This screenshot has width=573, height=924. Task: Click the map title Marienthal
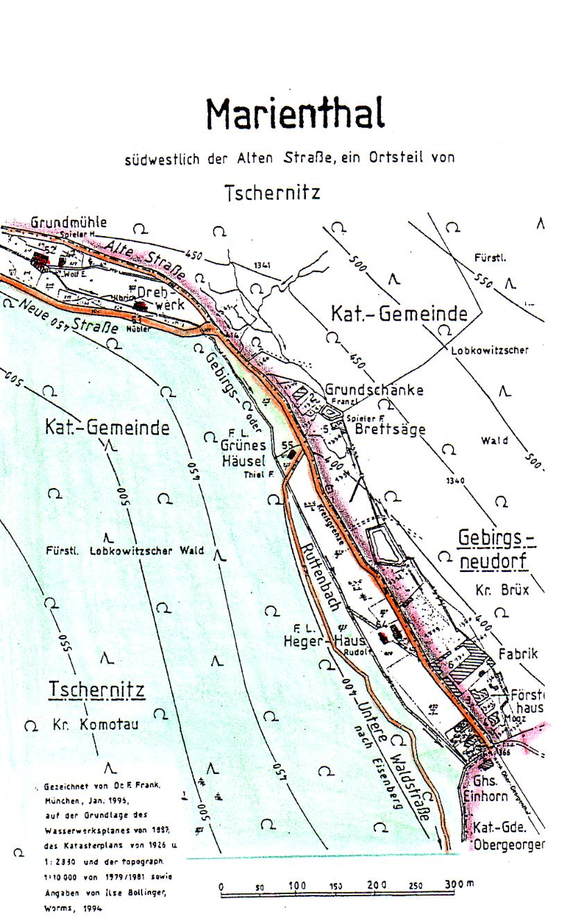pyautogui.click(x=295, y=115)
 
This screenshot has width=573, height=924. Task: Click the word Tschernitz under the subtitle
pyautogui.click(x=273, y=192)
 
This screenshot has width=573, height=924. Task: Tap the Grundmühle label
pyautogui.click(x=69, y=223)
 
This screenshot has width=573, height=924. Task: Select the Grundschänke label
pyautogui.click(x=374, y=390)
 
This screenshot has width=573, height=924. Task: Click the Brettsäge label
pyautogui.click(x=390, y=430)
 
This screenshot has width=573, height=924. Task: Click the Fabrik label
pyautogui.click(x=518, y=654)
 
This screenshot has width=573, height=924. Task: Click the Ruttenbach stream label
pyautogui.click(x=318, y=576)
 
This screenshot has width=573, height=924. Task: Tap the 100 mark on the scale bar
pyautogui.click(x=298, y=887)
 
